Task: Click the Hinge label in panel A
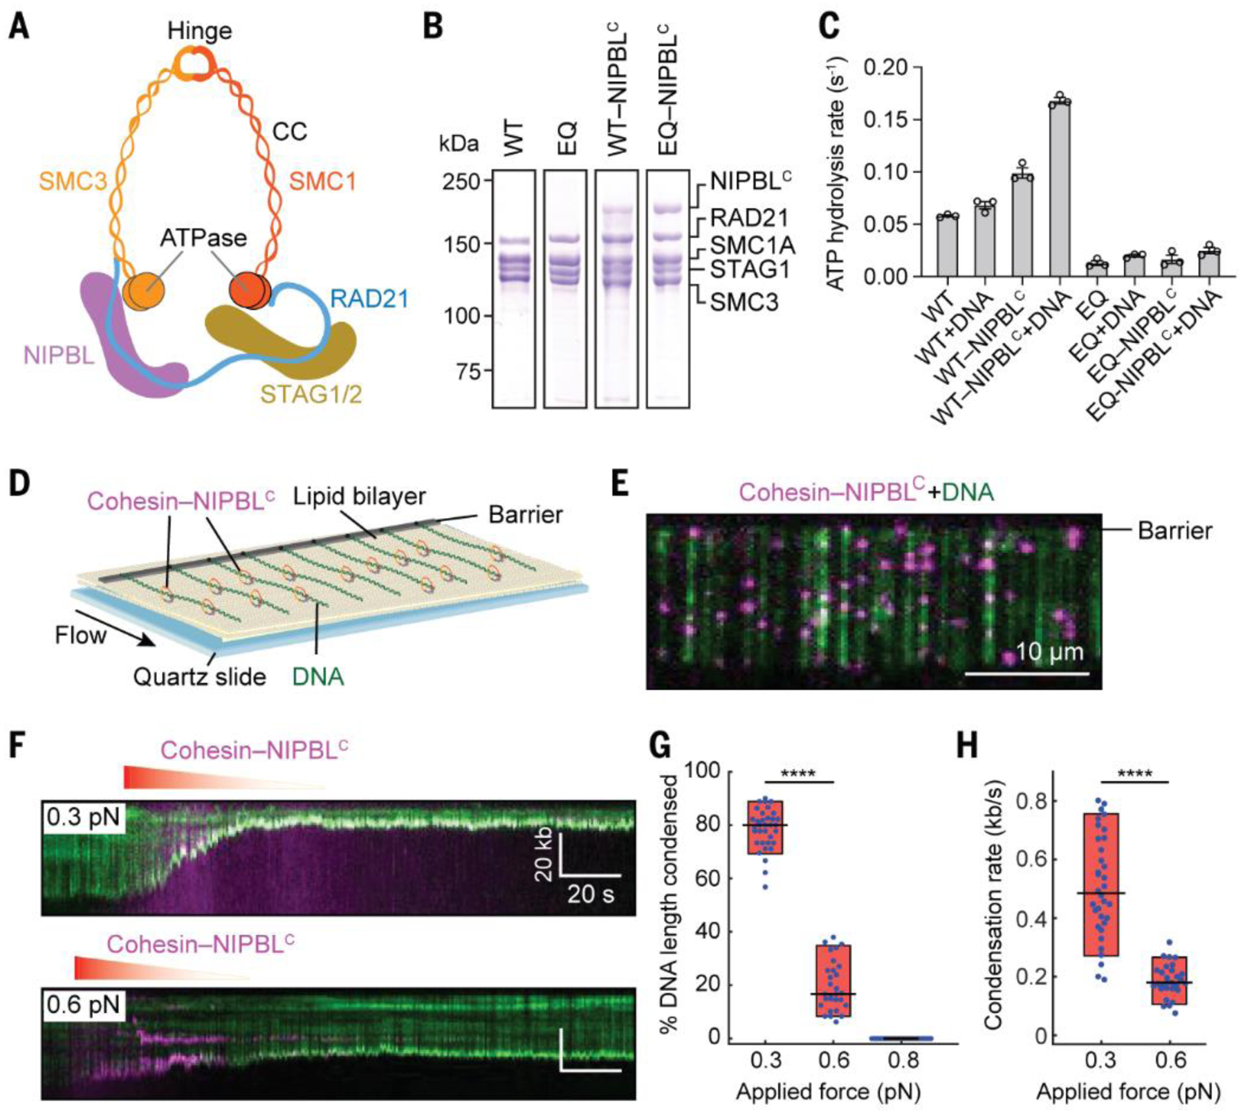199,30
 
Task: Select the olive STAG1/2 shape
277,339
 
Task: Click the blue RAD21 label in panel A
369,299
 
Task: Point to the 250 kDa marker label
462,181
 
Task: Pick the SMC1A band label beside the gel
753,245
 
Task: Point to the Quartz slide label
199,676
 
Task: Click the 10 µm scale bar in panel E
1026,672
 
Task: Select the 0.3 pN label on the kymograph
84,817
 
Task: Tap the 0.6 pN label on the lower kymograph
84,1004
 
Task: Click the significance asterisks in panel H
1134,773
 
